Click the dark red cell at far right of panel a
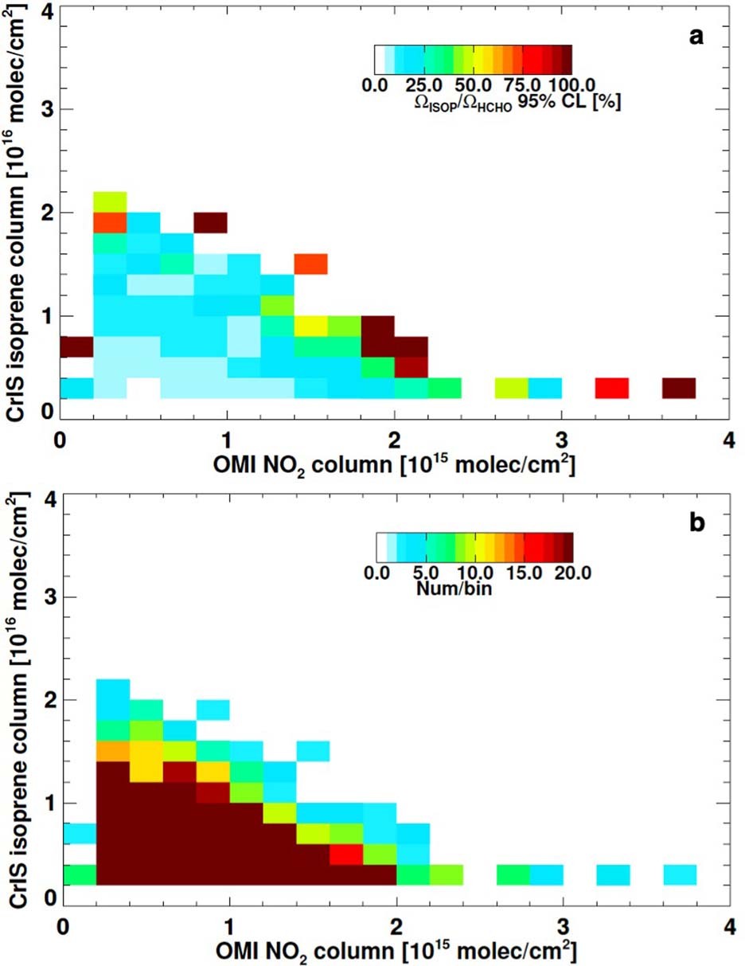[679, 388]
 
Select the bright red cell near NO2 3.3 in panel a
[612, 388]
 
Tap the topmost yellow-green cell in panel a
[111, 201]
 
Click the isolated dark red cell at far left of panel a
[76, 346]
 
